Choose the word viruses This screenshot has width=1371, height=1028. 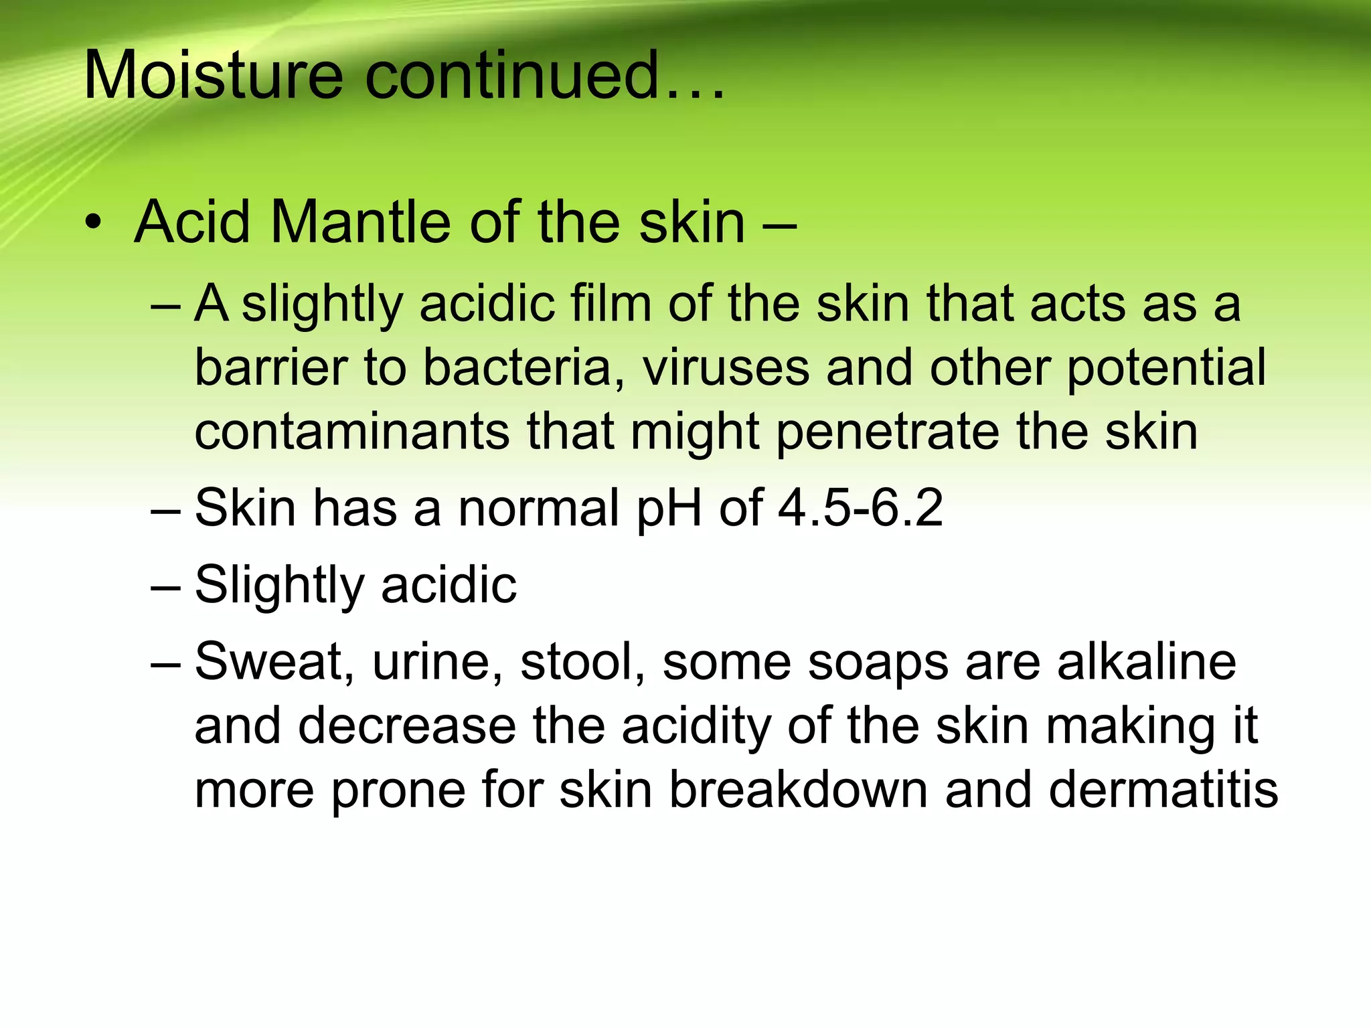point(726,367)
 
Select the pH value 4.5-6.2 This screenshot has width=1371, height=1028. point(860,509)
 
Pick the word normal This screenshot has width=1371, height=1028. point(538,509)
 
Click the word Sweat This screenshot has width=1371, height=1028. point(274,662)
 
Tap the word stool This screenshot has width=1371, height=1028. point(582,662)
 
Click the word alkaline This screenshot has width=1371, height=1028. point(1147,662)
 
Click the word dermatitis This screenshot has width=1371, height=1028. point(1163,790)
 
